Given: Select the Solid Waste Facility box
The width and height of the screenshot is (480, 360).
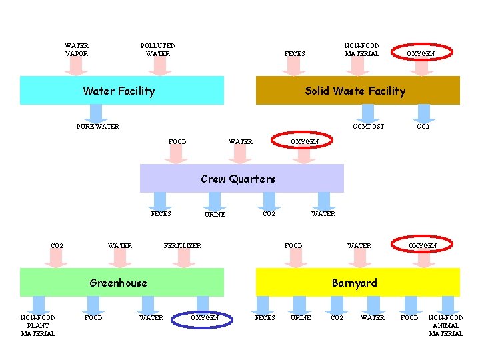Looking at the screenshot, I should coord(358,91).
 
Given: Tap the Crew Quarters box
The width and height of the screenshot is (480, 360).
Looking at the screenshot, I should coord(241,179).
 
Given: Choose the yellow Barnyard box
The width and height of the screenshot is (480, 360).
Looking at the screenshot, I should coord(358,283).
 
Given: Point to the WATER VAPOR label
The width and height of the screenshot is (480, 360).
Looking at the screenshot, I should coord(77,49).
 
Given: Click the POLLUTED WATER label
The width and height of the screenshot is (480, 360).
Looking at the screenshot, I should coord(158,49).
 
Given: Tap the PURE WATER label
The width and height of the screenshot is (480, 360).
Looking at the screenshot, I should coord(98,126).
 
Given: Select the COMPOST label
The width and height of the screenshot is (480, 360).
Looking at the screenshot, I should coord(368,126).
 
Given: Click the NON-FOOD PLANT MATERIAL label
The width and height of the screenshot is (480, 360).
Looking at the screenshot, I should coord(38,325).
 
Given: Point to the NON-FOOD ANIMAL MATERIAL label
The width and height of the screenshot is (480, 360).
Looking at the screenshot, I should coord(445,325).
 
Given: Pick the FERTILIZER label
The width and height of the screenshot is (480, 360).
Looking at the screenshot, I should coord(182,245).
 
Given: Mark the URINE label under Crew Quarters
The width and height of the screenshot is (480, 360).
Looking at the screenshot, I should coord(215,214).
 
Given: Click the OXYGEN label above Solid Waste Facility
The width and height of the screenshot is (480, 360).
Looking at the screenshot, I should coord(421,53).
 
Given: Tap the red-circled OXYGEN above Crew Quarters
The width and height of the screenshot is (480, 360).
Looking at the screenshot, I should coord(305,141).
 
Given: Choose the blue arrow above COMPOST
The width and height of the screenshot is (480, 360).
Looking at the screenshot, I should coord(368,112).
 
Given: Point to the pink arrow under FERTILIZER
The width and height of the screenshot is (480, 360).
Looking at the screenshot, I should coord(183,259).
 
